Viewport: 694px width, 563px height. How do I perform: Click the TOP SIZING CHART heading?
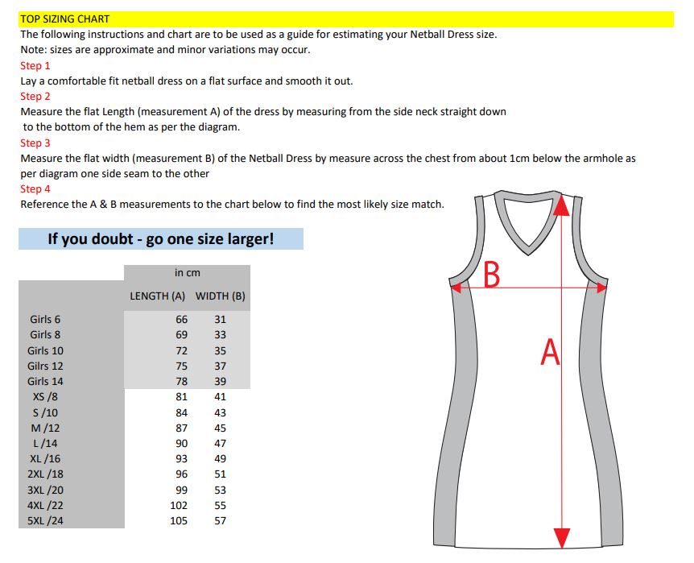pos(65,19)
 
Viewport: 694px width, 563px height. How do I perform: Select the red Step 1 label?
pos(35,65)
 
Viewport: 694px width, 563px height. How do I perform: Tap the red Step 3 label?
pos(35,143)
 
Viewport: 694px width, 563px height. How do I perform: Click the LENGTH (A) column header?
pos(158,296)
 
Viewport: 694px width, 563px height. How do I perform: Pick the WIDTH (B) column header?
pos(221,296)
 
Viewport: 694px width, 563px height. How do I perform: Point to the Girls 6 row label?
pos(45,319)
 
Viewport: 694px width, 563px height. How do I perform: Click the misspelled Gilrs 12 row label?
pos(45,366)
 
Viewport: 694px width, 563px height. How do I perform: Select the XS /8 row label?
pos(45,396)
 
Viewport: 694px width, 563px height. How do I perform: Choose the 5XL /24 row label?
pos(45,520)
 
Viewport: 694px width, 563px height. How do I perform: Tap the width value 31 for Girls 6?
pos(221,319)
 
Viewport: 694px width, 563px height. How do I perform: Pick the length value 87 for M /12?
pos(181,428)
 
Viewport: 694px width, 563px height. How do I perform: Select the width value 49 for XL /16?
pos(221,458)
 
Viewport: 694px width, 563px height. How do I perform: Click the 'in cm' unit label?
pos(188,273)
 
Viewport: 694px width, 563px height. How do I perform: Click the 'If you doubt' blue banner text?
pos(161,239)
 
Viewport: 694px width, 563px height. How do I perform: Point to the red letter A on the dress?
pos(550,352)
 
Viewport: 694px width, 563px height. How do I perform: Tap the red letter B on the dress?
pos(491,275)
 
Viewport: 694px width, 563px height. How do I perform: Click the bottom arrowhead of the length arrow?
pos(562,538)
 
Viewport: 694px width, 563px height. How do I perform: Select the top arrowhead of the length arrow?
pos(562,205)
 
